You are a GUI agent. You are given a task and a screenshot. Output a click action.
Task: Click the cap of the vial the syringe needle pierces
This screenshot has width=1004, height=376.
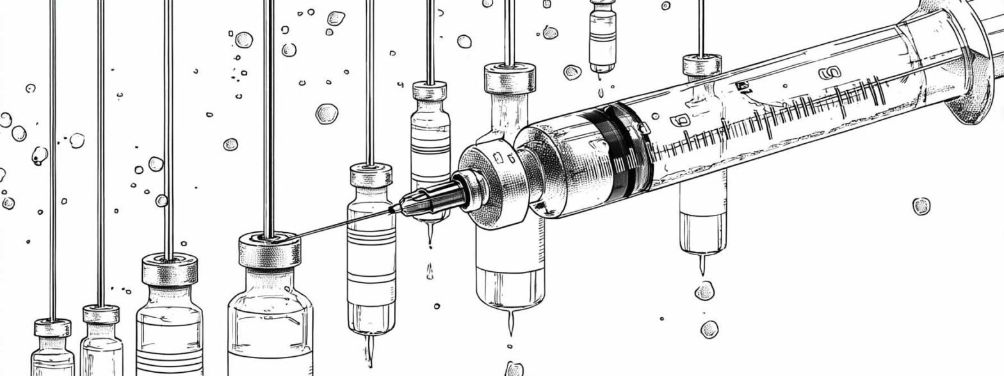[270, 249]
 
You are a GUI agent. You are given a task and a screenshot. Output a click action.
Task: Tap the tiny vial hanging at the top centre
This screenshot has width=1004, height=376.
[603, 38]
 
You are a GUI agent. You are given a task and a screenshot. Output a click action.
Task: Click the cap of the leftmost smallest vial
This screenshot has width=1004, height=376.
[52, 328]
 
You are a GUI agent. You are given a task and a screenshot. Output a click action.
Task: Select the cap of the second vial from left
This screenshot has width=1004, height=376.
[101, 314]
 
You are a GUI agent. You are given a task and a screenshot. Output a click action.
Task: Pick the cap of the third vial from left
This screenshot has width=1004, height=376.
[169, 268]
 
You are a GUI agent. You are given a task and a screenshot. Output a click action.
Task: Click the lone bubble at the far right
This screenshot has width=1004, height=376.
[921, 206]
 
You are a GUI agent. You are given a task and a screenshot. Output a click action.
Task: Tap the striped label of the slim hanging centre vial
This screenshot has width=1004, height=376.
[371, 256]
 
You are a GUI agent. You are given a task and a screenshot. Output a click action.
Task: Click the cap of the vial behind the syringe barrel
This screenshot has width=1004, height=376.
[701, 65]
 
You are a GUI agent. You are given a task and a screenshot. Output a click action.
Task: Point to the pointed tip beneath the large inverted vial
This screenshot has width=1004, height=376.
[510, 323]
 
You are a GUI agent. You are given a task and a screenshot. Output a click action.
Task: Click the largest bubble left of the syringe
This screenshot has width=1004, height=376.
[327, 113]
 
